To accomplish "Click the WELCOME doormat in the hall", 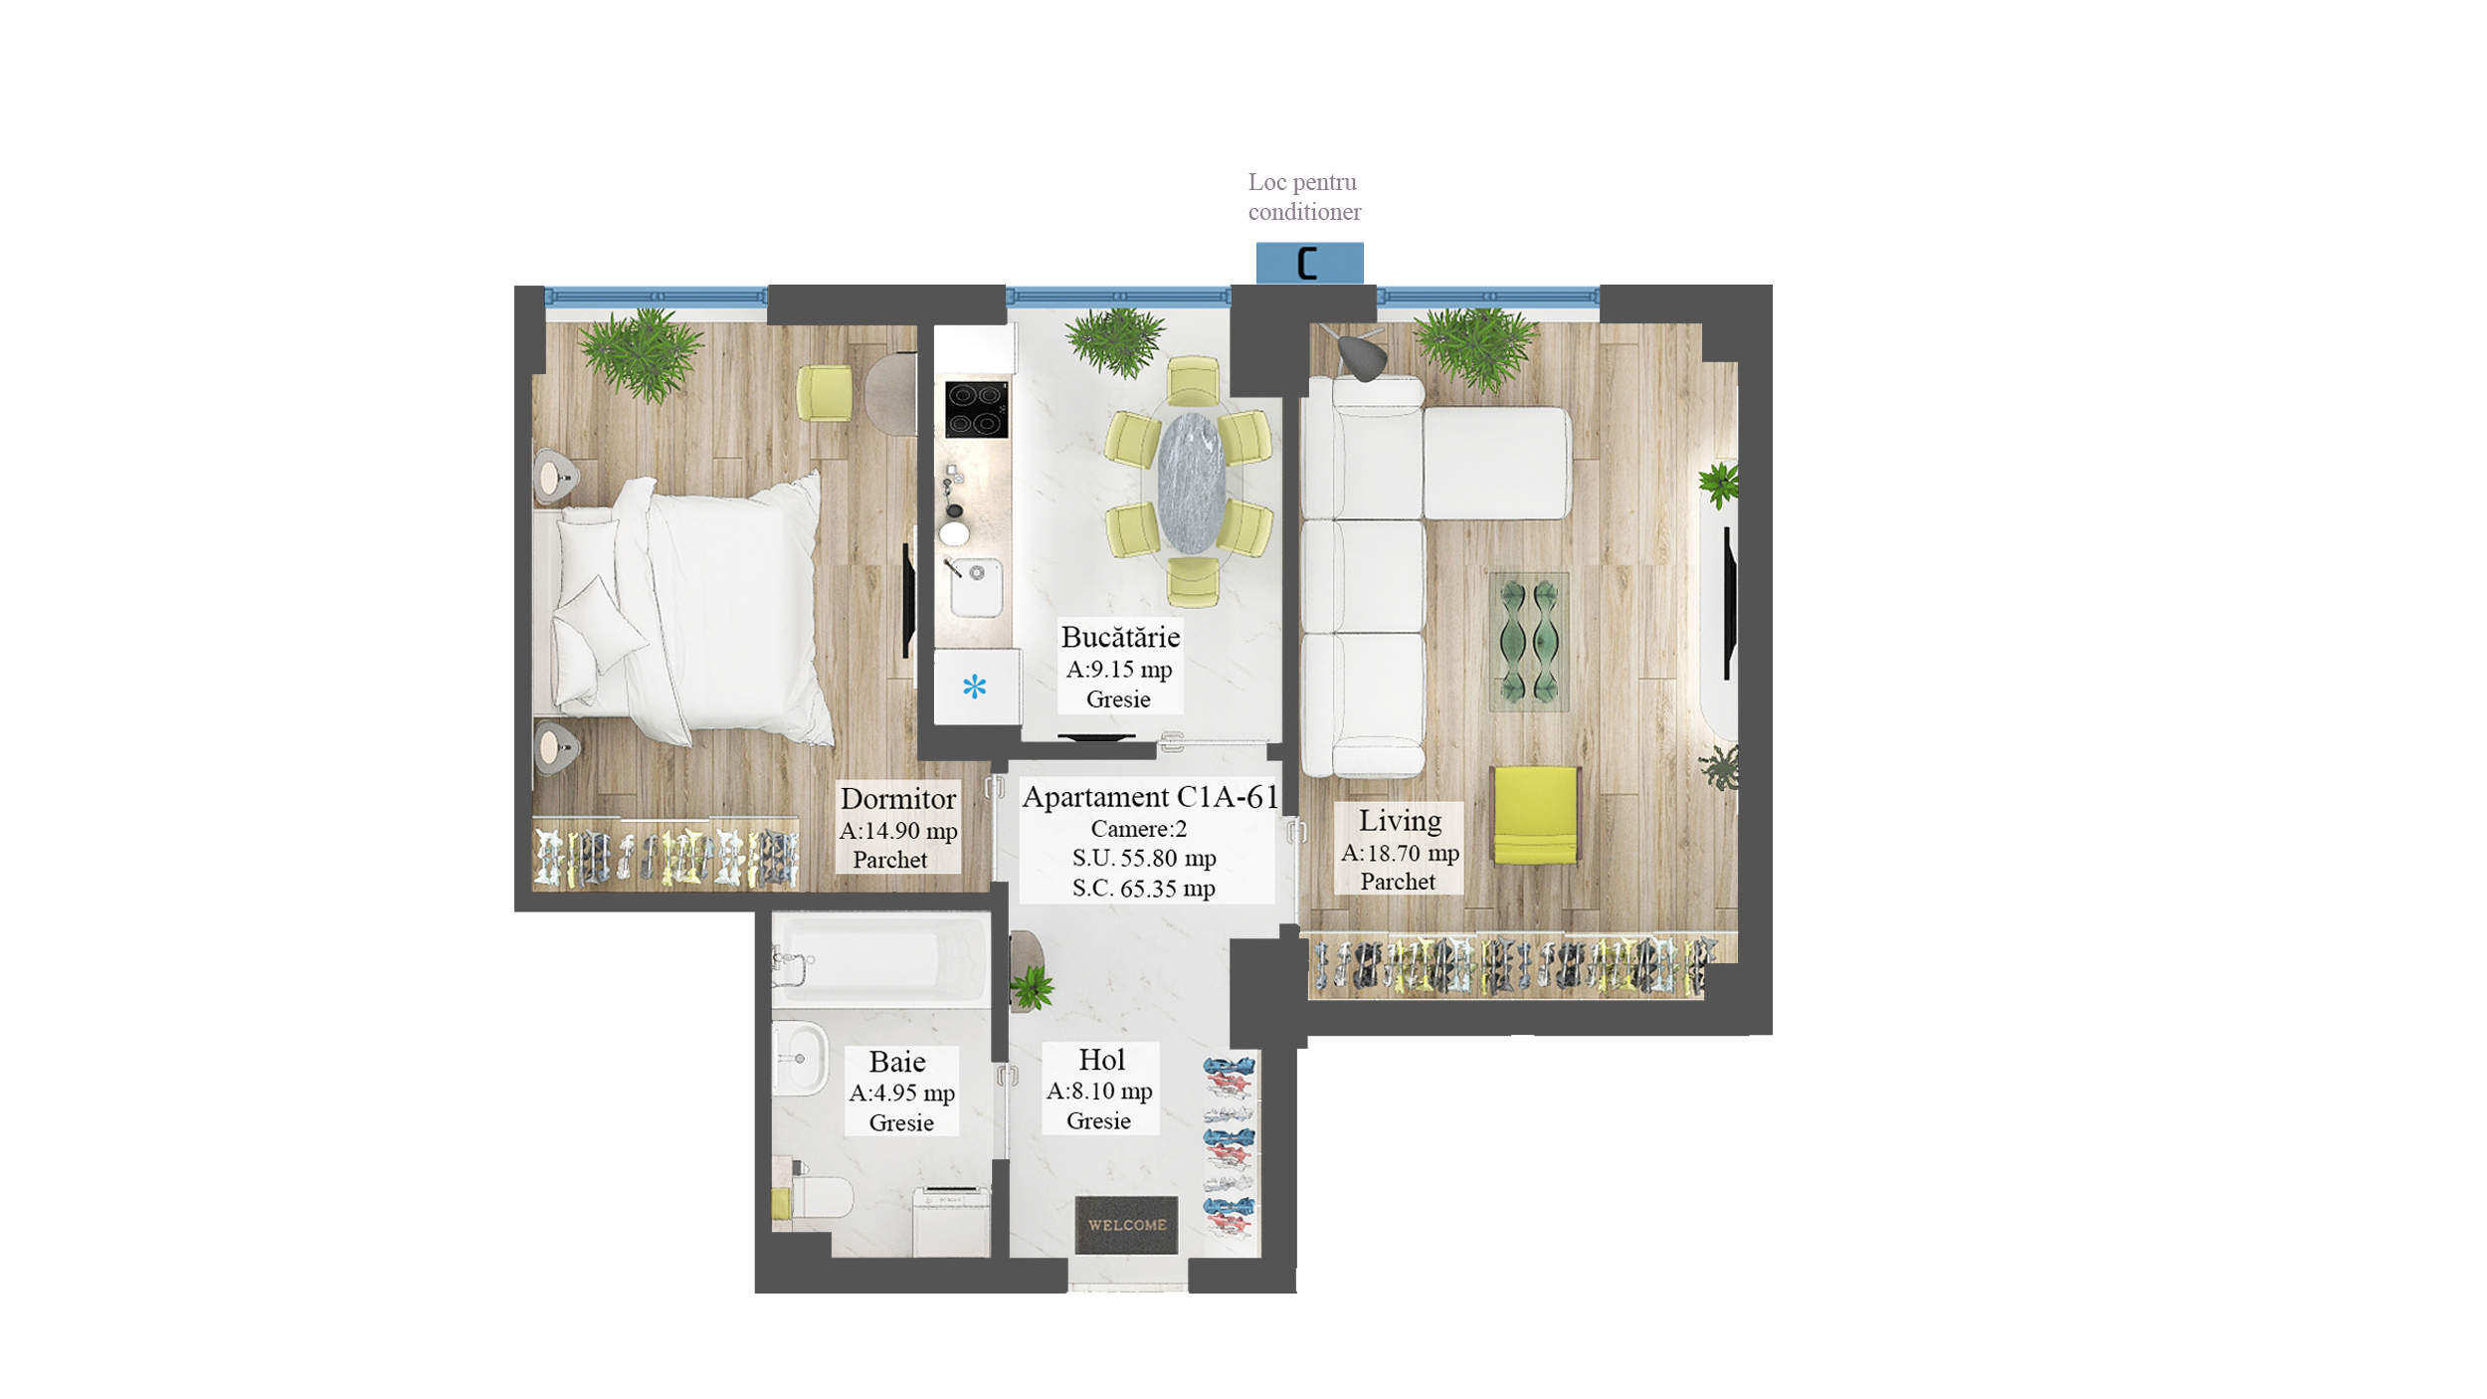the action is [1126, 1225].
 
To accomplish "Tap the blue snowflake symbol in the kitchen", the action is [974, 687].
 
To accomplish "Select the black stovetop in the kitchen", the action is [976, 410].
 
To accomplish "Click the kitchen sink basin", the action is [976, 587].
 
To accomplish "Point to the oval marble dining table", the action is [1191, 483].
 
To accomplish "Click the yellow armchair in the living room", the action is [1535, 815].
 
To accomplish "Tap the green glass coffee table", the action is [1529, 641].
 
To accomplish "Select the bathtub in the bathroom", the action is [881, 959].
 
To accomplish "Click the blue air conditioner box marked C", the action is [1309, 263].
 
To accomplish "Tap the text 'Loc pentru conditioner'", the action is [1304, 197].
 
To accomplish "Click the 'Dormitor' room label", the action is [897, 799].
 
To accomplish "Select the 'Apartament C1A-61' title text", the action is [1149, 797].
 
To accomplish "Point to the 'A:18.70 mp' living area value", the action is [1400, 853].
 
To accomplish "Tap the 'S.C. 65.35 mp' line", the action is [1144, 889].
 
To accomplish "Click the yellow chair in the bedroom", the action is [824, 393].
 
